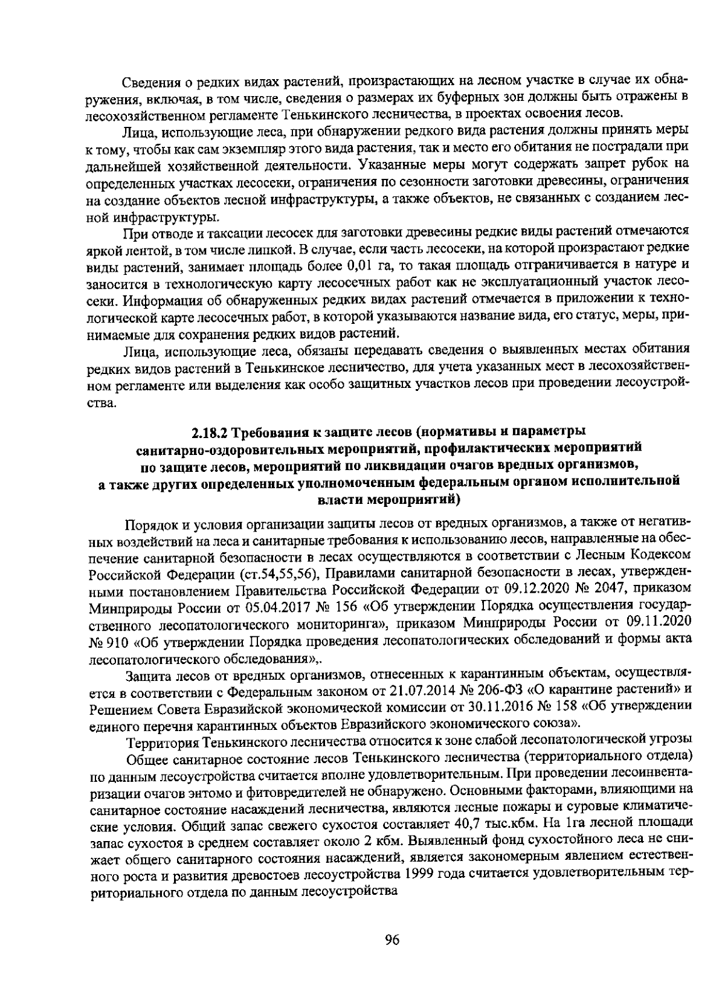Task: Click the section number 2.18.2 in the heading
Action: coord(208,433)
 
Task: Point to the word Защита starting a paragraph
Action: coord(144,673)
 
